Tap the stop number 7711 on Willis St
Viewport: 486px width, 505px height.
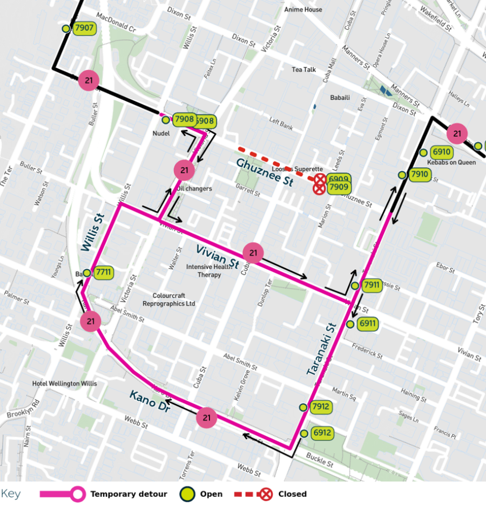[104, 272]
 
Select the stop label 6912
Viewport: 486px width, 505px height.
[321, 433]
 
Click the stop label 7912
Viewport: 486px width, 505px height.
[321, 407]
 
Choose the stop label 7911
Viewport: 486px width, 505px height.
[372, 285]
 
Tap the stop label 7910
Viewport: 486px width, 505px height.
[419, 174]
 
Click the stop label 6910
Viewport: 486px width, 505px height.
[441, 152]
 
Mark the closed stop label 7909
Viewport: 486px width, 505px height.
[339, 187]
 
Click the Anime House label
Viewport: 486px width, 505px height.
[303, 10]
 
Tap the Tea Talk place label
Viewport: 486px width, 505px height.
[303, 70]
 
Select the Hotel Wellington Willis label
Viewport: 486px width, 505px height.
[64, 384]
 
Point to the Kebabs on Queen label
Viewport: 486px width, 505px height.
[451, 162]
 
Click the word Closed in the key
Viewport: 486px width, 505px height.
[292, 494]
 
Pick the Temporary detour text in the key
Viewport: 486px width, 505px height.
[129, 494]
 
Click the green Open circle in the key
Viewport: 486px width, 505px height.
[188, 494]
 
